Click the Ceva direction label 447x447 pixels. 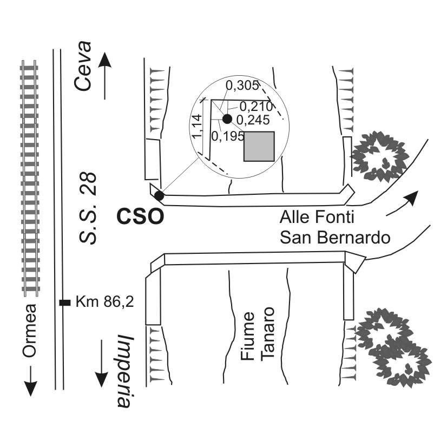click(83, 66)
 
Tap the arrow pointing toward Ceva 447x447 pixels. click(104, 76)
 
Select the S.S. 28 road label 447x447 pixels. click(88, 209)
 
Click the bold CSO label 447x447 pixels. click(140, 217)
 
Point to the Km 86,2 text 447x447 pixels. click(104, 301)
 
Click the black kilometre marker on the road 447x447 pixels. click(65, 303)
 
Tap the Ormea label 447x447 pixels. click(30, 331)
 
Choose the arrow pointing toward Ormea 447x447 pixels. click(30, 381)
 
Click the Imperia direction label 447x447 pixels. click(124, 371)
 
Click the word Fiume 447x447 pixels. click(247, 336)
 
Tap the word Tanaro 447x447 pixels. click(268, 334)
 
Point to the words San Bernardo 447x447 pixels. click(335, 237)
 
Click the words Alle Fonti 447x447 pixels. click(317, 217)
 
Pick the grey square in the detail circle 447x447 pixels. click(259, 147)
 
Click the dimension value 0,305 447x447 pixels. click(242, 86)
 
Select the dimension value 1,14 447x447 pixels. click(197, 127)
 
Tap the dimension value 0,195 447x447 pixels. click(228, 136)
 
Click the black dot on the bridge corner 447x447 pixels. click(159, 196)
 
